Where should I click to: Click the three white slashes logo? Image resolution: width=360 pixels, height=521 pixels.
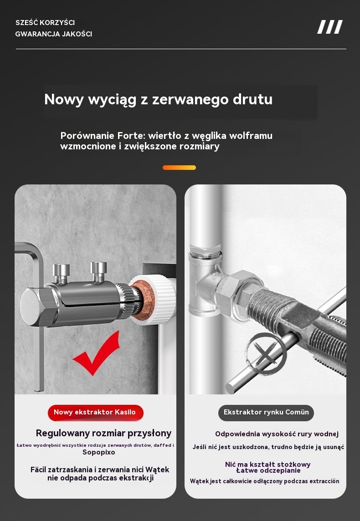(x=330, y=27)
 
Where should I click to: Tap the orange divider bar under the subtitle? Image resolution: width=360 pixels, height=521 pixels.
(x=179, y=168)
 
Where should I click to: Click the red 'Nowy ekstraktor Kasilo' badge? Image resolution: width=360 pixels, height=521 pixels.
(x=95, y=412)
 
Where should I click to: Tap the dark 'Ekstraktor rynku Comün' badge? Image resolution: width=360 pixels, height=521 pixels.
(x=266, y=412)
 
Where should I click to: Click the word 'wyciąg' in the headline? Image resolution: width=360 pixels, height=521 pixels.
(x=113, y=100)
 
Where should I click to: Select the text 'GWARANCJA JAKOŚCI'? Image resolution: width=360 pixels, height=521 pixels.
(x=53, y=34)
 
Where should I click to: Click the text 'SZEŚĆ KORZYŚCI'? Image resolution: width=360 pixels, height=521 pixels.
(x=45, y=23)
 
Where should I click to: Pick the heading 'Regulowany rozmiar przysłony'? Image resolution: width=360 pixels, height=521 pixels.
(x=104, y=433)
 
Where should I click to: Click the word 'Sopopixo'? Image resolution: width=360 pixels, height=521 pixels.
(x=99, y=452)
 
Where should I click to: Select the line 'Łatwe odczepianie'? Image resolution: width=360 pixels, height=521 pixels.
(x=268, y=470)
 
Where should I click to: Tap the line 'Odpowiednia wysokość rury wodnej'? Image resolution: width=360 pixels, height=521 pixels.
(x=277, y=434)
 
